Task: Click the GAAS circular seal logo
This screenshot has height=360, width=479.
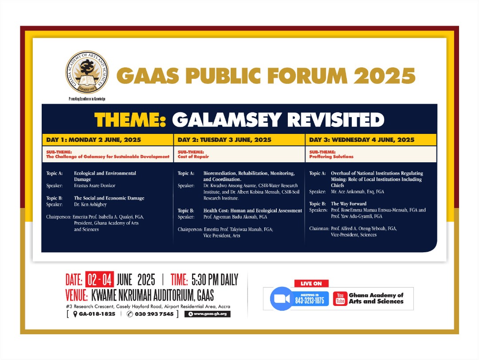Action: [87, 72]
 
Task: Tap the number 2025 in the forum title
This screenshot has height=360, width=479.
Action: [385, 75]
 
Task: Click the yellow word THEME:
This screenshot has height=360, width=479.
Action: [130, 119]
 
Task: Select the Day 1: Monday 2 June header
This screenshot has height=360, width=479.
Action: [94, 140]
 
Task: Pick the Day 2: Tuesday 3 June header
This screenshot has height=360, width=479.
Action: [224, 140]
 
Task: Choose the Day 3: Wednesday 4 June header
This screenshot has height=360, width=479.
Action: [362, 140]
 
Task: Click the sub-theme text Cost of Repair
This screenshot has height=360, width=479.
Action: [193, 157]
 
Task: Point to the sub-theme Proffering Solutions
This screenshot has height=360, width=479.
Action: [331, 157]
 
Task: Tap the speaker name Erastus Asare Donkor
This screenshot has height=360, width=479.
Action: [95, 186]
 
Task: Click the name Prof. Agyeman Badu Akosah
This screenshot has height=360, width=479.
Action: [235, 217]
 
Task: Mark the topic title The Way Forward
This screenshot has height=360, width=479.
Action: [349, 203]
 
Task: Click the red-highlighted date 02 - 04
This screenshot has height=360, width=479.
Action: [100, 279]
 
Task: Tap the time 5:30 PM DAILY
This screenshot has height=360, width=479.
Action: [215, 279]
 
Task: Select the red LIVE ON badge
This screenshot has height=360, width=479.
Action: [311, 283]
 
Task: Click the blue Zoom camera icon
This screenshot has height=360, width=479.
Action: [282, 299]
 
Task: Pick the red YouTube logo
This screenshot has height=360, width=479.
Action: [340, 298]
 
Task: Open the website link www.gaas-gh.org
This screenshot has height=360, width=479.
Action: [208, 314]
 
